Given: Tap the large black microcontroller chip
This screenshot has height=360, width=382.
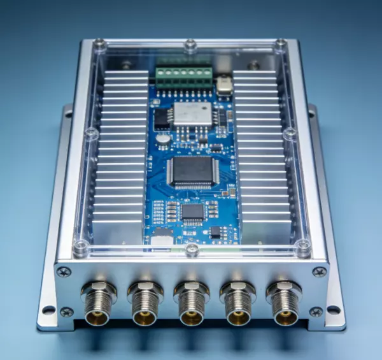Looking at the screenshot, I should pos(192,172).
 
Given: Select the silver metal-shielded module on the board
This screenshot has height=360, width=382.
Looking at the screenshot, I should pos(192,113).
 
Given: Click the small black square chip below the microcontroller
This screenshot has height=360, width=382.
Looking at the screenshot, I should pos(192,212).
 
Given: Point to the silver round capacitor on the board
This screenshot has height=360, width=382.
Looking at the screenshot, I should pos(164,138).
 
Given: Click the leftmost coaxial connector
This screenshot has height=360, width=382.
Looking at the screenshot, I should pos(99,303).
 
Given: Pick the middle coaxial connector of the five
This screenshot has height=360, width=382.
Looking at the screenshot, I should pos(191,303).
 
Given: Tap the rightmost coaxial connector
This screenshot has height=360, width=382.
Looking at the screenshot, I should pos(283,303).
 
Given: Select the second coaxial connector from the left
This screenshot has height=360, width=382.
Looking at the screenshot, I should pos(145,303).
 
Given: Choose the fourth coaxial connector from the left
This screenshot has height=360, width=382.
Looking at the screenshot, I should pos(237,303).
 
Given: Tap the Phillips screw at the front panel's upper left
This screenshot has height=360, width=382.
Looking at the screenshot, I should pos(64,272).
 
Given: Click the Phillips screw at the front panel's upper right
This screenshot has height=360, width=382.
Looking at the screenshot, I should pos(319,272).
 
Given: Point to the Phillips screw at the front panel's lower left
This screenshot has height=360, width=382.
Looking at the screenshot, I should pos(66,312).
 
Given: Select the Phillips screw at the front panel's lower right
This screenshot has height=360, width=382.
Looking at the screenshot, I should pos(316,312).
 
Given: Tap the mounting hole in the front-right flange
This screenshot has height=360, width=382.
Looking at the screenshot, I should pos(333,310).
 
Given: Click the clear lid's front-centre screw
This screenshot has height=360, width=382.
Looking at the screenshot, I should pos(192,250).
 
